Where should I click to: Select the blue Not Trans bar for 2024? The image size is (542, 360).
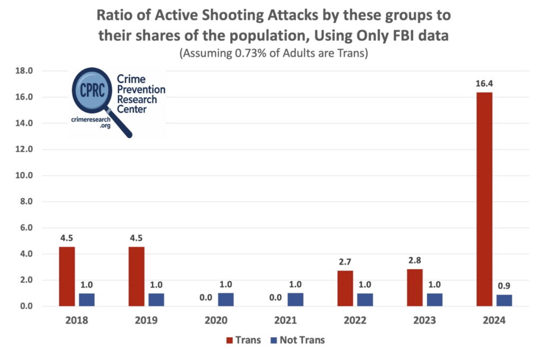504,300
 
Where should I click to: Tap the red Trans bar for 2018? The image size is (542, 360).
67,276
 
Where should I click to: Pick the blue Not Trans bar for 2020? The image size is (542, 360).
226,299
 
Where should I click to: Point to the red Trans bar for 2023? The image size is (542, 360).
415,287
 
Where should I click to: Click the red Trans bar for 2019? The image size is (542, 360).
136,276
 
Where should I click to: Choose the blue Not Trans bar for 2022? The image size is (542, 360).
365,299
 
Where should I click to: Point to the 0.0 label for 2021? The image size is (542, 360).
276,298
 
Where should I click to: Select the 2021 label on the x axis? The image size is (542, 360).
285,320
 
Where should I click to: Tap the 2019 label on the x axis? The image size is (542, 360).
146,320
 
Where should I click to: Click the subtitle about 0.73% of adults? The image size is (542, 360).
274,53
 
